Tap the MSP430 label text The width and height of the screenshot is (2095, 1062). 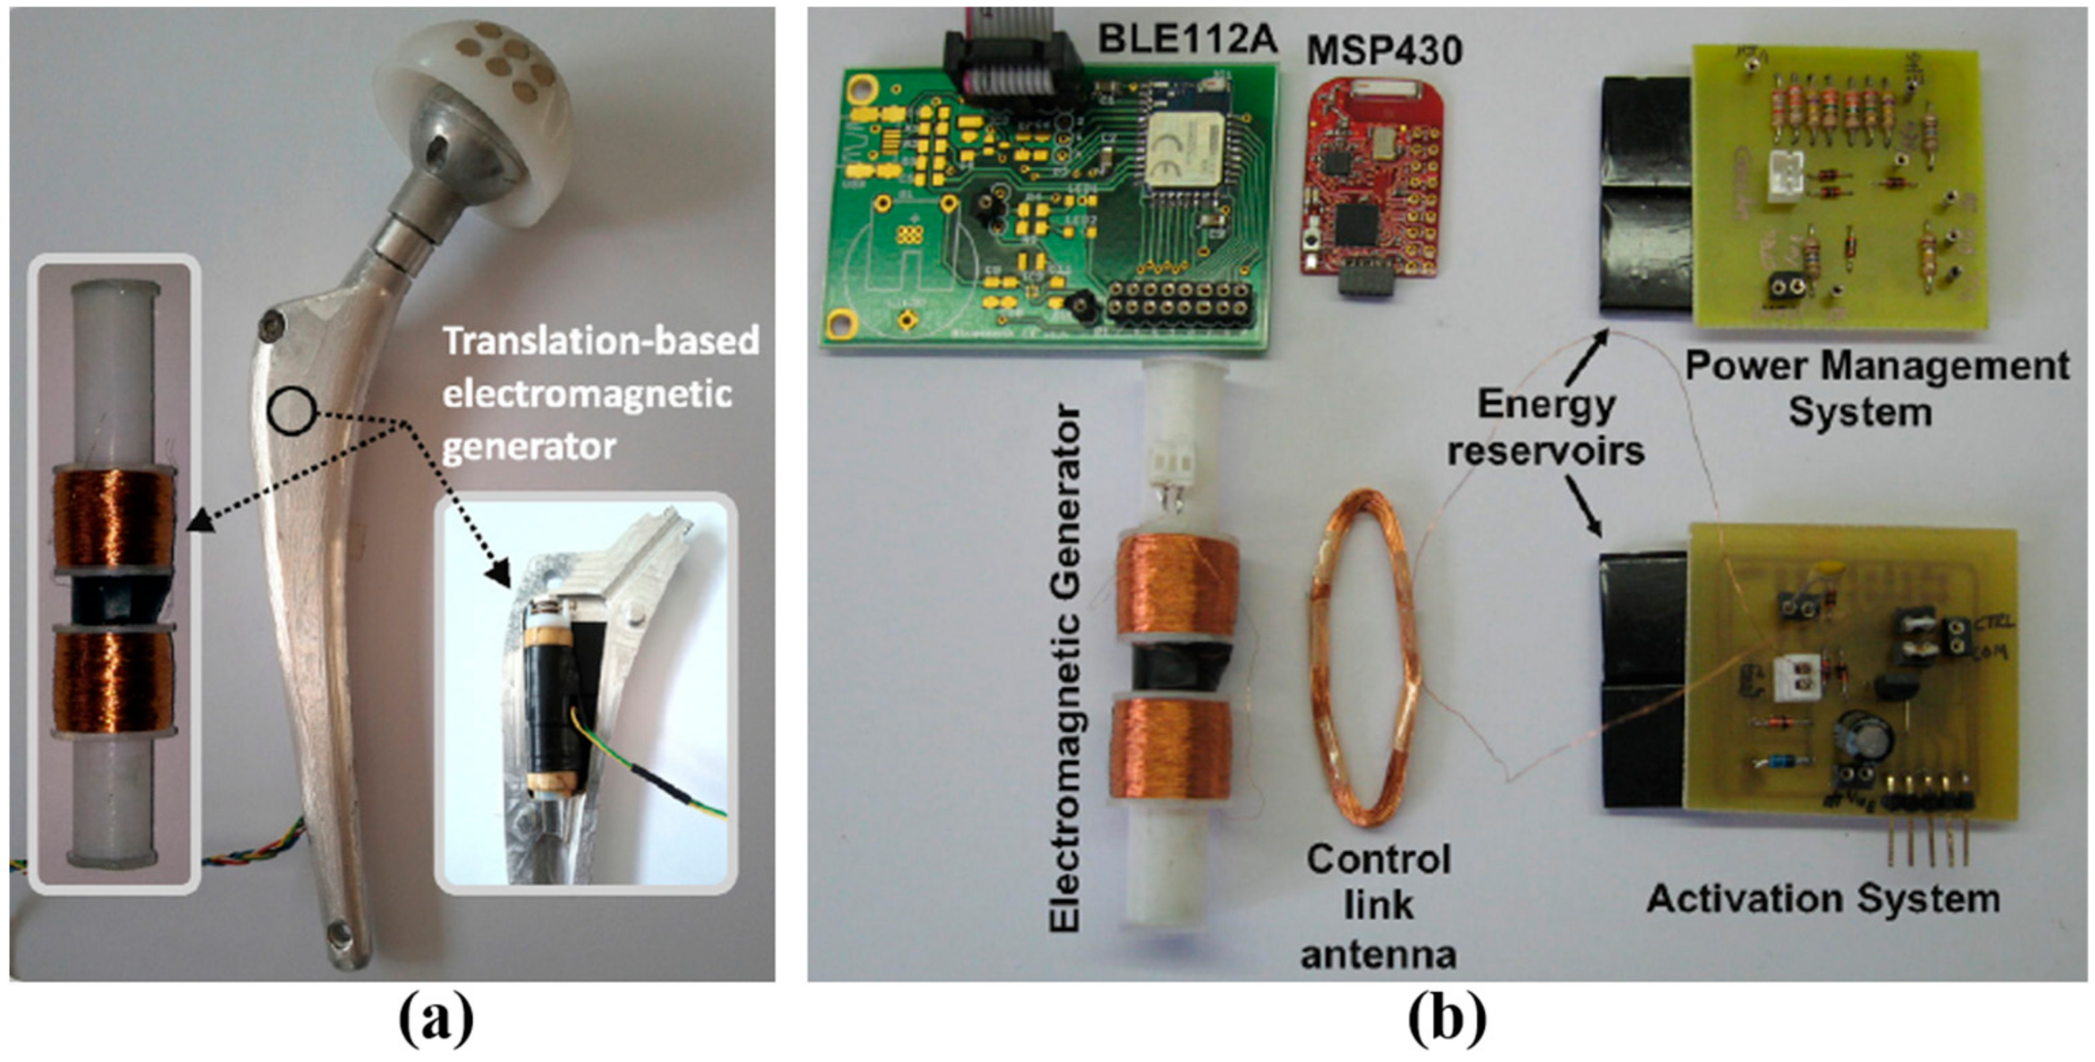pyautogui.click(x=1383, y=50)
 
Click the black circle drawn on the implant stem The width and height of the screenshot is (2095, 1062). pyautogui.click(x=292, y=409)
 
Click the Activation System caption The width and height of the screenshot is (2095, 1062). pyautogui.click(x=1823, y=898)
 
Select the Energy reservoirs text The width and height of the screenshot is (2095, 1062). pyautogui.click(x=1545, y=427)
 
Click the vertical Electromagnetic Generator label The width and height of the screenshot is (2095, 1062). pyautogui.click(x=1064, y=667)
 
